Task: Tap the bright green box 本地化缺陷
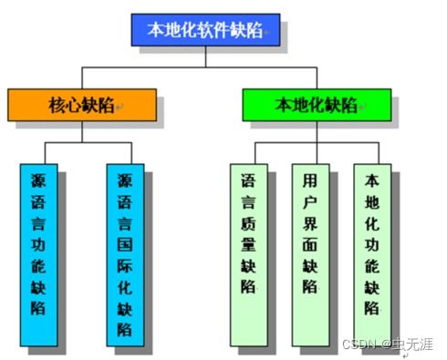[x=317, y=104]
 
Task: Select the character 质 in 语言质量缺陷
[x=249, y=221]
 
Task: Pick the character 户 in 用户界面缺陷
[x=310, y=199]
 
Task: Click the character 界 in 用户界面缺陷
[x=310, y=221]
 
